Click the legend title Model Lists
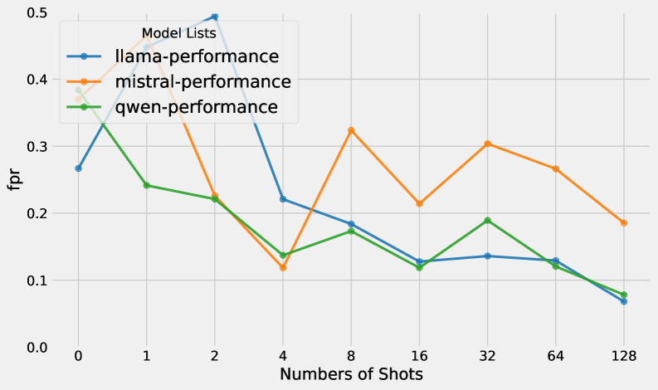click(x=179, y=33)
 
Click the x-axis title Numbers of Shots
click(x=351, y=374)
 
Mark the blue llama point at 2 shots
click(x=215, y=17)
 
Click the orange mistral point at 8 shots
click(x=351, y=130)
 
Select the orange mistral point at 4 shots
click(x=283, y=267)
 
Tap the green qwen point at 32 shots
click(x=487, y=221)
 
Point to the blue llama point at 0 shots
click(x=79, y=168)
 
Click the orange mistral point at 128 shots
click(x=623, y=223)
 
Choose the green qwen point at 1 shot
click(x=147, y=185)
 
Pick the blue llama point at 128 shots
click(x=623, y=301)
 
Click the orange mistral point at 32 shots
click(x=487, y=144)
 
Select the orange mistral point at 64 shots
click(x=555, y=168)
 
